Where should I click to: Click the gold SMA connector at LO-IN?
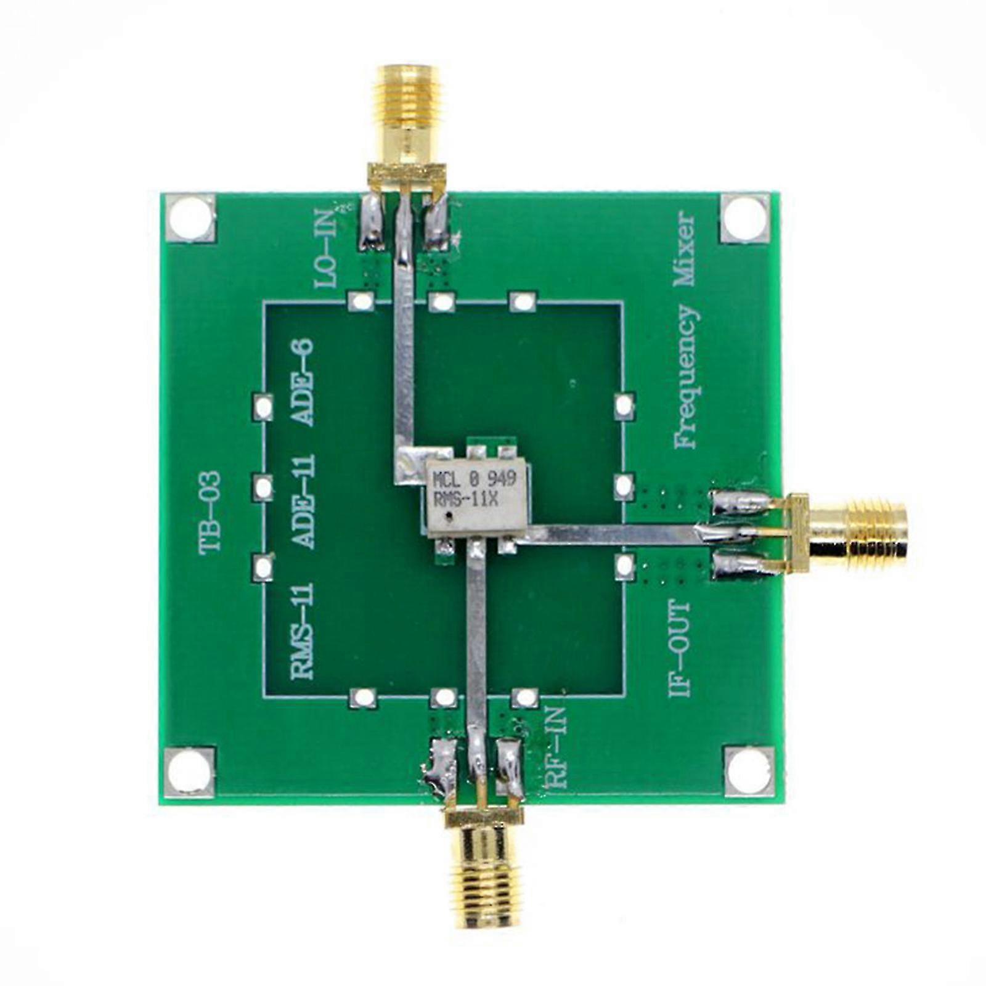coord(405,117)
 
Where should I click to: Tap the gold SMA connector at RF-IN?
coord(484,863)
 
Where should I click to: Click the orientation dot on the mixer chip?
coord(453,516)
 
